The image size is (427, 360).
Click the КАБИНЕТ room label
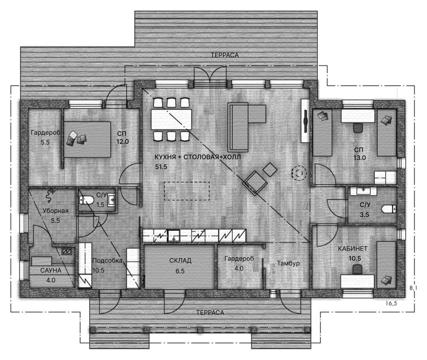[x=352, y=249]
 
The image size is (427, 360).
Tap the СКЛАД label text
[x=180, y=261]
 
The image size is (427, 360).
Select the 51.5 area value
[x=161, y=167]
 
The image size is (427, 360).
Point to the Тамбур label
[x=288, y=263]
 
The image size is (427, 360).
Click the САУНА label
[x=51, y=270]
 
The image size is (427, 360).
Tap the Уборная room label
[x=56, y=211]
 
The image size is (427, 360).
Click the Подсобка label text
[x=107, y=261]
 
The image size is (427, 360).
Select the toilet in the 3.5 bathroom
[x=389, y=209]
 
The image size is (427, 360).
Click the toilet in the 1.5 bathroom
[x=86, y=200]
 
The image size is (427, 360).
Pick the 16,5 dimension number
[x=391, y=303]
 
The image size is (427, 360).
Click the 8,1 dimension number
[x=413, y=288]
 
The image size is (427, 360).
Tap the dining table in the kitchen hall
[x=171, y=119]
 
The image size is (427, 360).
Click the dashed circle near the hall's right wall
[x=299, y=173]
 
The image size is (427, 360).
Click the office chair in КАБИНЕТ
[x=357, y=269]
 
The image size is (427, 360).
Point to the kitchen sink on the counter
[x=174, y=236]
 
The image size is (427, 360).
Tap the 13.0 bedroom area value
[x=359, y=158]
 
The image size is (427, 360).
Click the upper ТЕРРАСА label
[x=225, y=55]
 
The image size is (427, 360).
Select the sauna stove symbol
[x=67, y=251]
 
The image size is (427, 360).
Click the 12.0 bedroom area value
[x=122, y=141]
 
